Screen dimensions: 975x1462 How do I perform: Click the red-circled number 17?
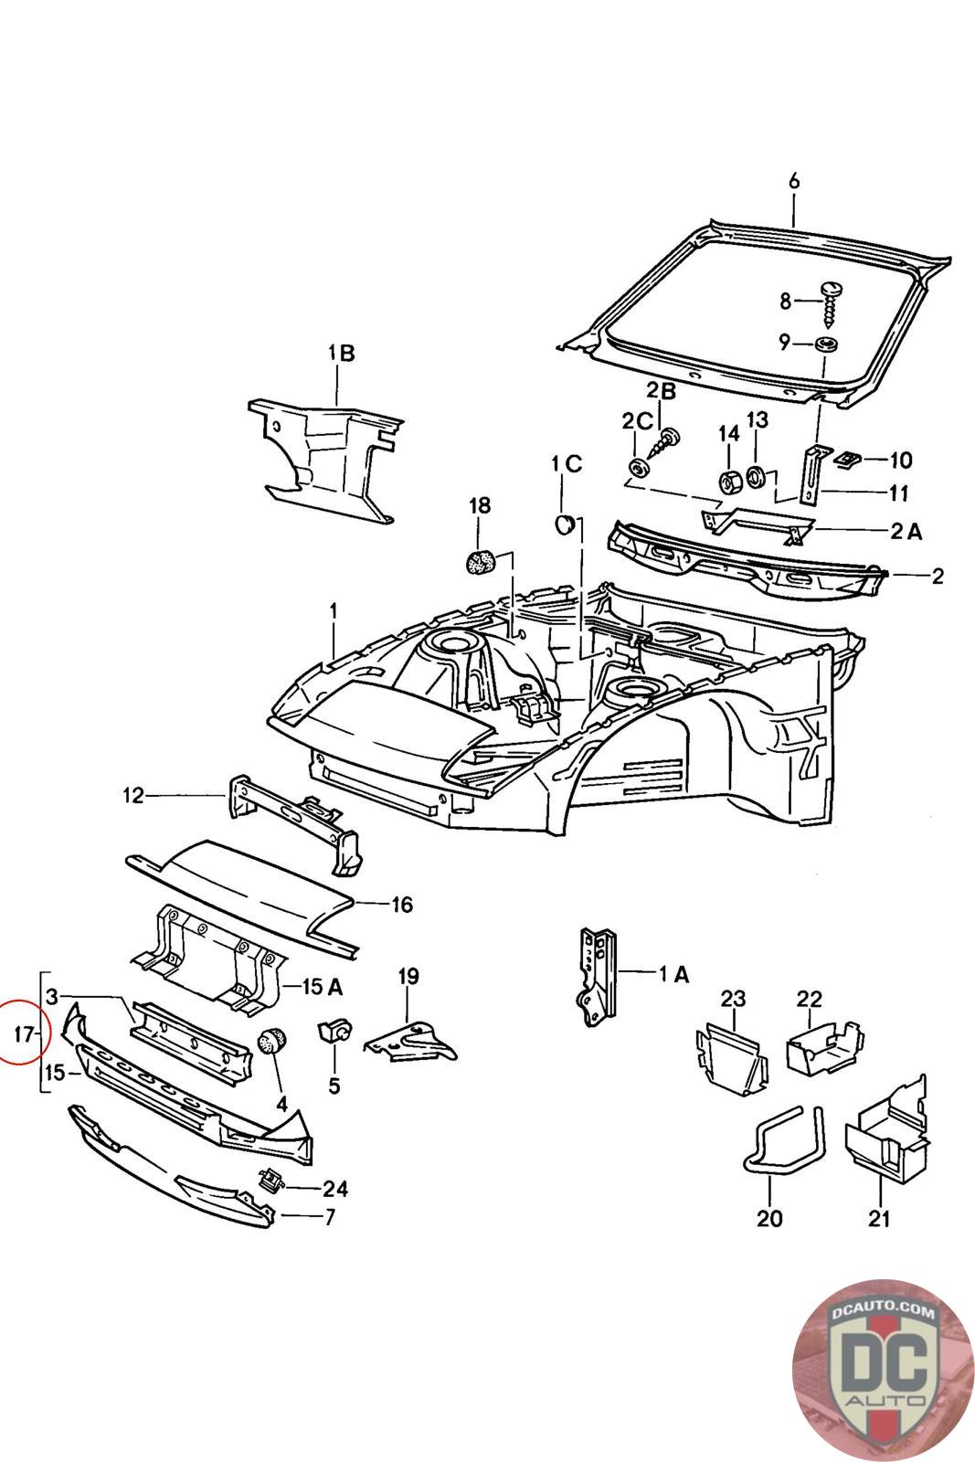[x=23, y=1033]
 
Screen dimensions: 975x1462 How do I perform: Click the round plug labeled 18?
[x=481, y=562]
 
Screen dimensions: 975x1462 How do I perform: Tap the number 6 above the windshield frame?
[x=793, y=181]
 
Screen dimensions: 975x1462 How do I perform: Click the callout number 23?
[x=733, y=999]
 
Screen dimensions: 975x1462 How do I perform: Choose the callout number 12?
[x=133, y=796]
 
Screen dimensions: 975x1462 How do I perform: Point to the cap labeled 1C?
[x=564, y=524]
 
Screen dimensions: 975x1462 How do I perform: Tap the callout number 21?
[x=878, y=1218]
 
